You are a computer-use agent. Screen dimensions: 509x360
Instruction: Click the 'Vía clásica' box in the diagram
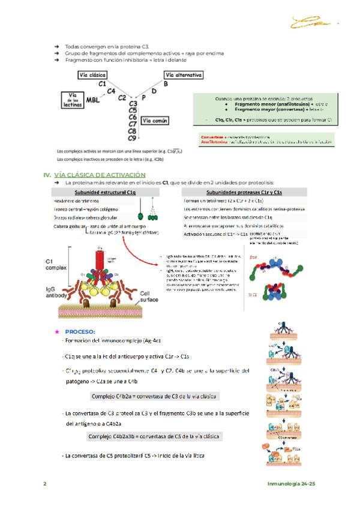point(92,74)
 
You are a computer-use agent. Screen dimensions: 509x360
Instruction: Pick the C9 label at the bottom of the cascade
point(133,138)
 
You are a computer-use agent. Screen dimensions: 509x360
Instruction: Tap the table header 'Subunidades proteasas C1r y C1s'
point(240,191)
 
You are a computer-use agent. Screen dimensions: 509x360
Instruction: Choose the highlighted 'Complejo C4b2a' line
point(155,396)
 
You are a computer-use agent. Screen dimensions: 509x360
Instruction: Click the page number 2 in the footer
point(44,483)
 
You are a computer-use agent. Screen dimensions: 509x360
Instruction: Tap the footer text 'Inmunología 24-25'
point(292,483)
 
